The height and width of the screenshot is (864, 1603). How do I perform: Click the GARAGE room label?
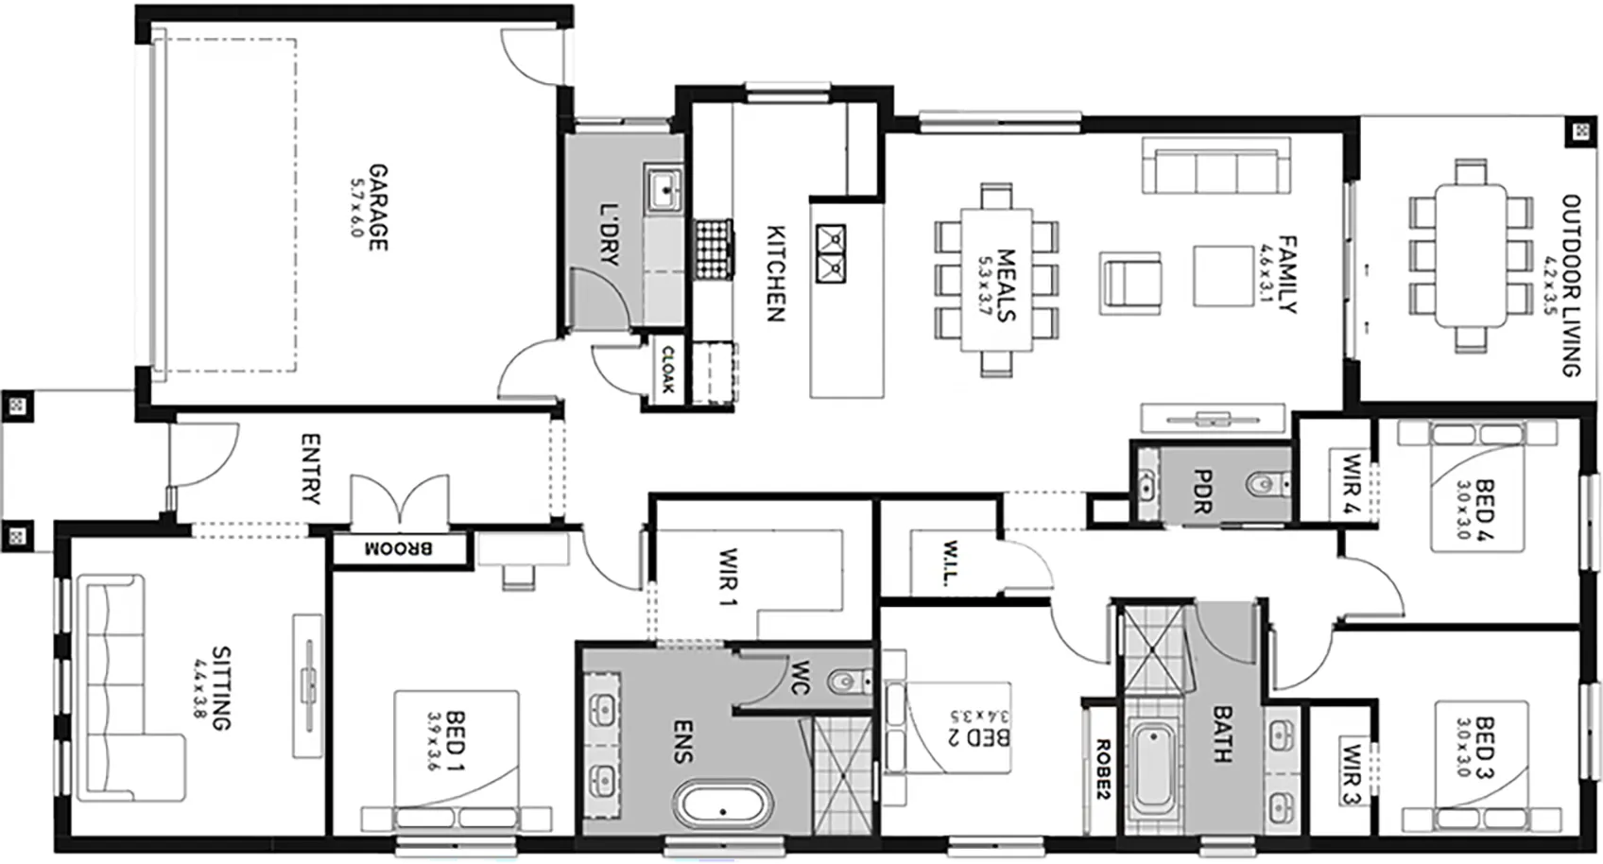pos(378,208)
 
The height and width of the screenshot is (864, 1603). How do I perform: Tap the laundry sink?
pos(665,188)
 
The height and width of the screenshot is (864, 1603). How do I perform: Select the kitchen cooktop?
pos(714,250)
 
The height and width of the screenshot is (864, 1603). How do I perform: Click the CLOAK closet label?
pos(668,370)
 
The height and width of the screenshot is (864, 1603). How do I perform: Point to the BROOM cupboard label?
pos(399,549)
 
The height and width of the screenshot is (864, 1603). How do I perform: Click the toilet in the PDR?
pos(1269,485)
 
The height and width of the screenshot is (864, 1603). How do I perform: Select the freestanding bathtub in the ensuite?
pos(723,804)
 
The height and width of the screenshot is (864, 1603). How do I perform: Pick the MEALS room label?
pos(1007,285)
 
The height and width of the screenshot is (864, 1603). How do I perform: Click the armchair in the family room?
pos(1130,283)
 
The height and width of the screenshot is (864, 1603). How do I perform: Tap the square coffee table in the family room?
pos(1223,276)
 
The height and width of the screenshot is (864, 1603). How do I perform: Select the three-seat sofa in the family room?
pos(1215,165)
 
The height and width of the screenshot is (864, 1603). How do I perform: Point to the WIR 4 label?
pos(1351,485)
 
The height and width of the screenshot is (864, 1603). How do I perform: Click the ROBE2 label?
pos(1102,769)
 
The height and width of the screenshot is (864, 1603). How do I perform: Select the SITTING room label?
pos(222,688)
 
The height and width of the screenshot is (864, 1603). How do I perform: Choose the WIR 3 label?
pos(1351,774)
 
